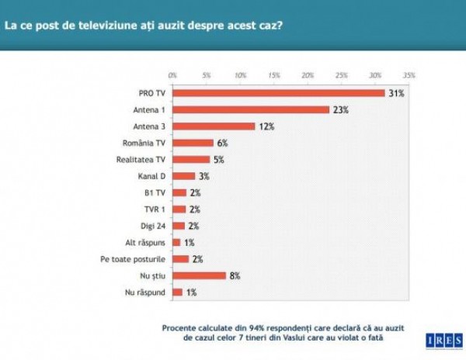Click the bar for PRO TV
(279, 93)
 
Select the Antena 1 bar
(251, 109)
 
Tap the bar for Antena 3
(214, 126)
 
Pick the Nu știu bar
(200, 275)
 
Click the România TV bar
(193, 143)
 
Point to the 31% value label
(395, 93)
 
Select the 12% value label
(266, 126)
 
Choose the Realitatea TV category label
(144, 160)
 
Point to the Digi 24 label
(153, 226)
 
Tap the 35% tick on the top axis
(409, 75)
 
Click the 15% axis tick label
(274, 75)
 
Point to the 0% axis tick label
(172, 75)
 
